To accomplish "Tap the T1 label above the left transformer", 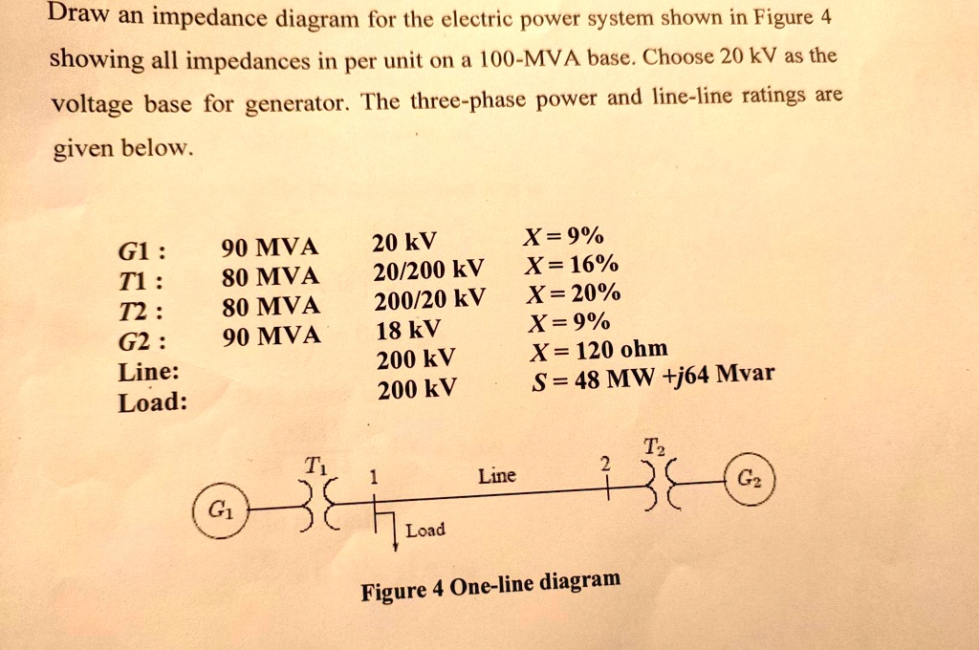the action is (315, 466).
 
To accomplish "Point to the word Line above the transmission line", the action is (497, 476).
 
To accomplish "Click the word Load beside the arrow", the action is (425, 531).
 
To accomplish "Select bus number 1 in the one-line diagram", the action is (374, 478).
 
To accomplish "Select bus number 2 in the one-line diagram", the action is (604, 464).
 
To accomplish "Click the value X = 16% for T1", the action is (572, 265).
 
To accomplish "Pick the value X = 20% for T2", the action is (574, 292).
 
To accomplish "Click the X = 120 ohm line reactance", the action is (598, 350).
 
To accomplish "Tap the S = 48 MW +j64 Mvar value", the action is (653, 377).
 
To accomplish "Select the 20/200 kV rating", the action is (428, 271).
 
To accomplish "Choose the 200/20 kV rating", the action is (429, 300).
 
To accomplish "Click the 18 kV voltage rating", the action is (408, 329).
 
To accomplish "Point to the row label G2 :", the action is (142, 342).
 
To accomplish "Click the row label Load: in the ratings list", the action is (153, 402).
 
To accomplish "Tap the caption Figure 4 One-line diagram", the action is (490, 585).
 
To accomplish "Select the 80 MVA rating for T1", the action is (271, 276).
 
